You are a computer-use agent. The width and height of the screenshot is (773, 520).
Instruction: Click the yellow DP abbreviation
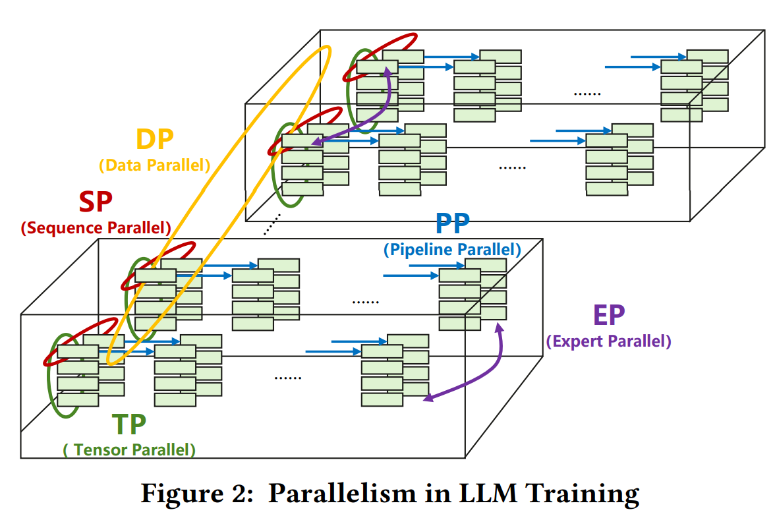tap(154, 140)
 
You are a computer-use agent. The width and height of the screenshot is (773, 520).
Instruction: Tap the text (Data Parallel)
tap(154, 165)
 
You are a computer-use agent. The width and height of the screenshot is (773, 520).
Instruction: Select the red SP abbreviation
tap(96, 202)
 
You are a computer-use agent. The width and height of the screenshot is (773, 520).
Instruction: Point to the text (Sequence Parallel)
tap(96, 228)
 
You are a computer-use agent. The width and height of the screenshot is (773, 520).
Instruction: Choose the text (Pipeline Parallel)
tap(452, 250)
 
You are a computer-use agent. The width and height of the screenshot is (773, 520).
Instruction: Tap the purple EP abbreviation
tap(608, 316)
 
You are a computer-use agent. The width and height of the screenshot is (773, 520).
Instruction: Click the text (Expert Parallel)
tap(608, 341)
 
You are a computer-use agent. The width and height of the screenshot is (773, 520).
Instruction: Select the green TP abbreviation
tap(129, 425)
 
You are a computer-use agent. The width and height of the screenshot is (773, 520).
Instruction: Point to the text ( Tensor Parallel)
tap(129, 450)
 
